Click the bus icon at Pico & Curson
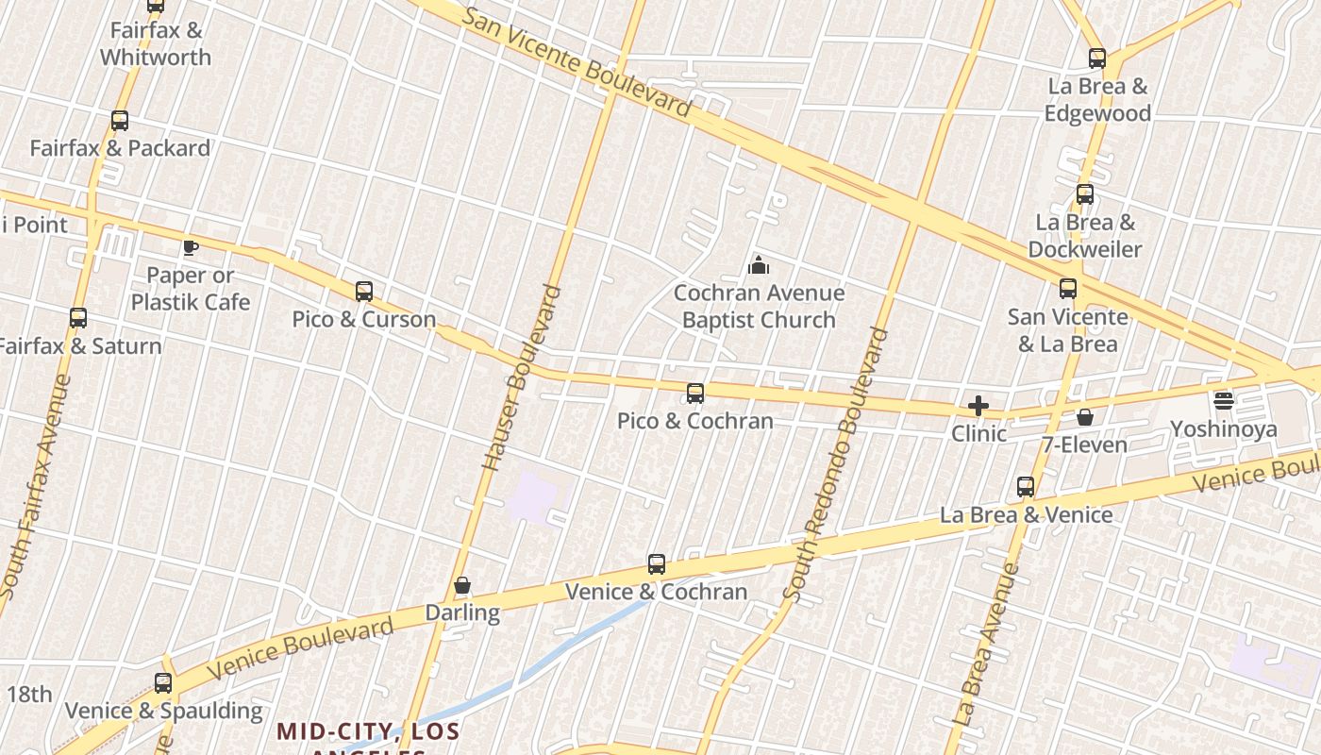tap(364, 292)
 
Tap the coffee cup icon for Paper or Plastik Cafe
tap(191, 248)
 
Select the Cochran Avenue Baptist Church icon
tap(759, 266)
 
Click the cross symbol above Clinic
tap(978, 407)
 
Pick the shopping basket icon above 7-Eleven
tap(1085, 417)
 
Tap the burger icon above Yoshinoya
tap(1224, 401)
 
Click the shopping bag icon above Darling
tap(462, 586)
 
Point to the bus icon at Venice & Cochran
tap(657, 564)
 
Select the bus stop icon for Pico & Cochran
tap(695, 394)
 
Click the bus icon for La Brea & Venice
tap(1026, 487)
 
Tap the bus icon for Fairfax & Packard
tap(120, 121)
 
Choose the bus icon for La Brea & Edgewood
tap(1097, 59)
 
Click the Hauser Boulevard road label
tap(522, 377)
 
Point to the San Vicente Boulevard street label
tap(578, 60)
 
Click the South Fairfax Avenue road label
tap(36, 487)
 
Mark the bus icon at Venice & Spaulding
tap(163, 683)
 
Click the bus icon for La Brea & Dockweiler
tap(1085, 195)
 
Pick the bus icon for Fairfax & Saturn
tap(78, 319)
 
